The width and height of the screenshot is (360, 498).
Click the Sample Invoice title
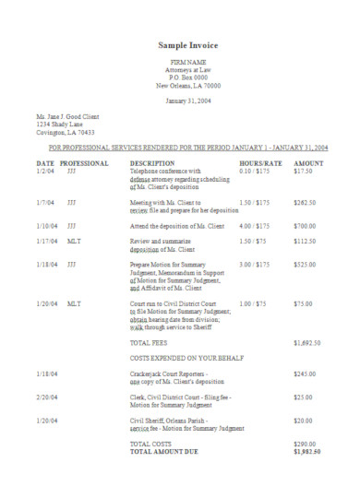click(x=187, y=44)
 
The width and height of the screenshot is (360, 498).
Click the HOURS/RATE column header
click(x=260, y=162)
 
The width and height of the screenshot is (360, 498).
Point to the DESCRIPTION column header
click(x=152, y=162)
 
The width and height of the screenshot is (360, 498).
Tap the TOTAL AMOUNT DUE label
click(x=166, y=453)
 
